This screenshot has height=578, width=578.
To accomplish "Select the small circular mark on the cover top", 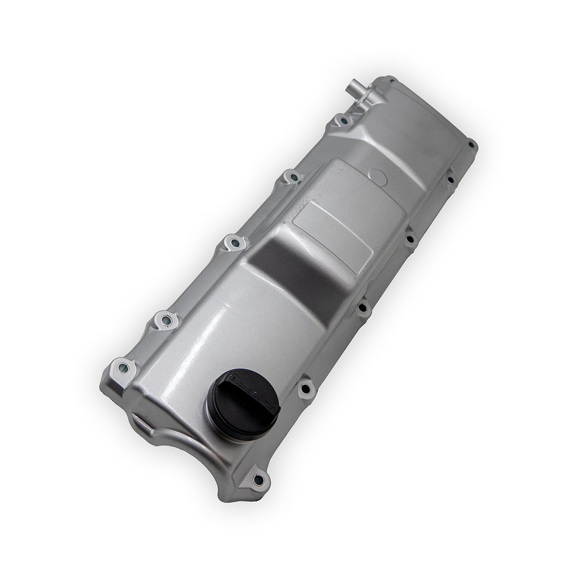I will coord(379,175).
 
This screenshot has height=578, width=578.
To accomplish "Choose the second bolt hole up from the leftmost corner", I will coord(165,319).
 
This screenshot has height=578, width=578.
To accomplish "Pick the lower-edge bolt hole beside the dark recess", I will coord(363,306).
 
